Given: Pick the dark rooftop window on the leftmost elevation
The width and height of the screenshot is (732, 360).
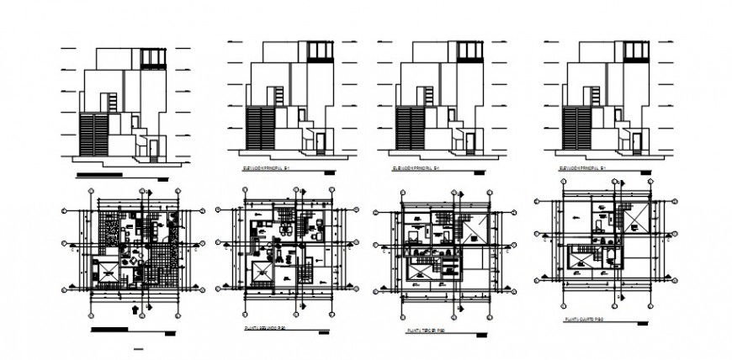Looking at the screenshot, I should coord(152,57).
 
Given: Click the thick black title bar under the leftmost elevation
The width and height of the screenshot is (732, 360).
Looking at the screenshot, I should coord(109,176).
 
